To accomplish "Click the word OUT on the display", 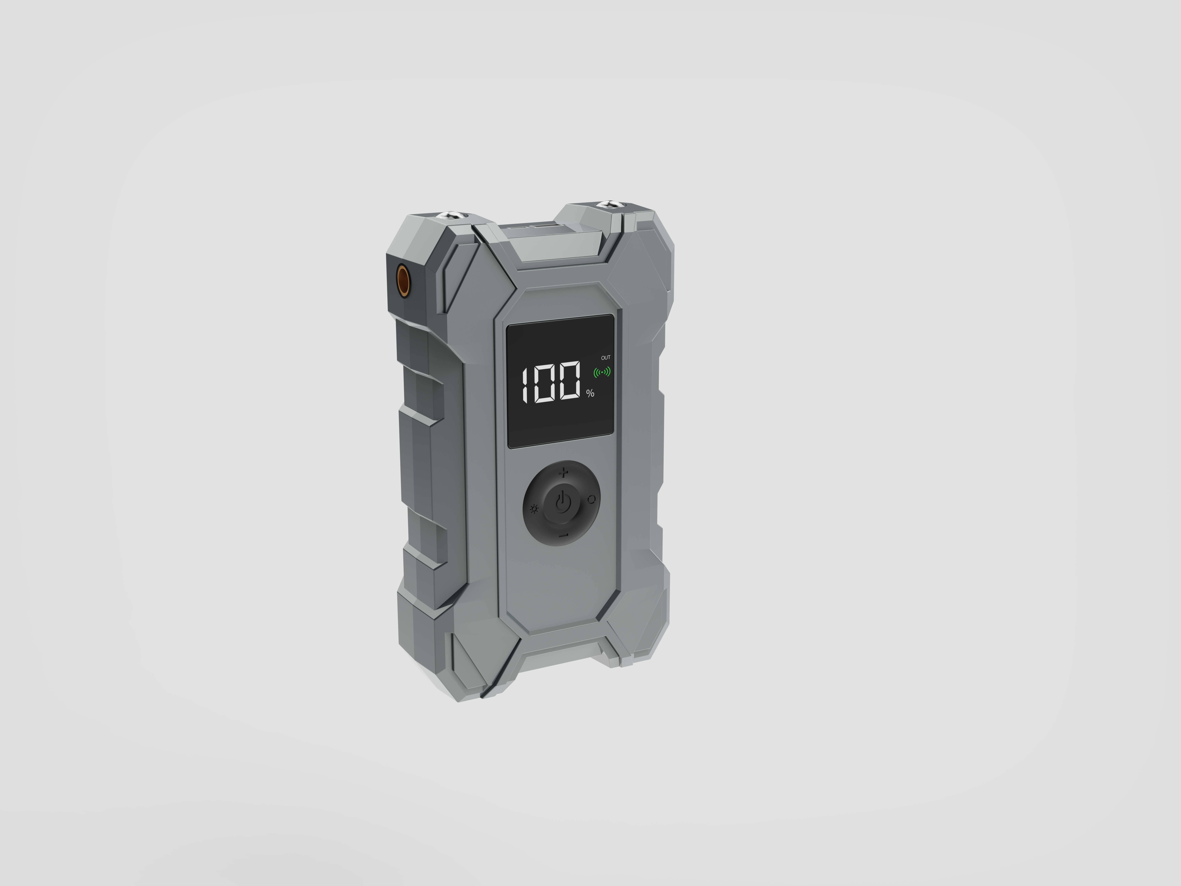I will [x=605, y=357].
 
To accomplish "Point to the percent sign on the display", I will [x=590, y=393].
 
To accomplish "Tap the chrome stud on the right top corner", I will [x=607, y=204].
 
